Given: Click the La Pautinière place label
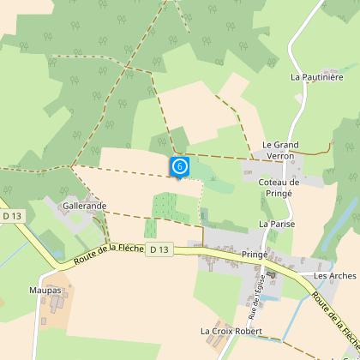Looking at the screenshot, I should (x=316, y=76).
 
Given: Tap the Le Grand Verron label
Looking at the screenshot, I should (x=279, y=150).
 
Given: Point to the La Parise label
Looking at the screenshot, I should (x=275, y=223).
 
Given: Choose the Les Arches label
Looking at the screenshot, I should (x=334, y=276).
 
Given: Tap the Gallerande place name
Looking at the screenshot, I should (x=83, y=207).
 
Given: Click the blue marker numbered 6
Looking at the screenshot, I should (x=179, y=165).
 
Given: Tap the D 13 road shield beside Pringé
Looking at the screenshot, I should (x=159, y=249).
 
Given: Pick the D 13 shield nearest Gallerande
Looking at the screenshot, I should (x=10, y=217).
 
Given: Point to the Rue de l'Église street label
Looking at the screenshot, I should (x=260, y=290).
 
